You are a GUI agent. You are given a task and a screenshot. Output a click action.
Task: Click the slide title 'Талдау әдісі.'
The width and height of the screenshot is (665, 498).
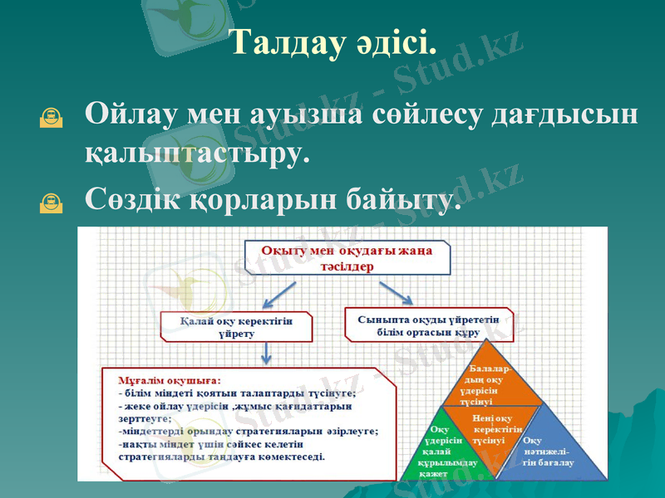(x=332, y=43)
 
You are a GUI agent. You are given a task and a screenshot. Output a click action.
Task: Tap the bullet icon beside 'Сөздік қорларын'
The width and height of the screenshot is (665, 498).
(x=51, y=202)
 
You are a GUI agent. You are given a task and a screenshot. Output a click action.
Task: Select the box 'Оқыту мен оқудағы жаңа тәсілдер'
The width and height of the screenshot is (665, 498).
(x=347, y=258)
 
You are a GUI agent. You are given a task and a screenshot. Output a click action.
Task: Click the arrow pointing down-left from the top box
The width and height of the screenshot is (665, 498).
(x=278, y=295)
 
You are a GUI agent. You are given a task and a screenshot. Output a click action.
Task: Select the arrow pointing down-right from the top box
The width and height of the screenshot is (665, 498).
(x=397, y=293)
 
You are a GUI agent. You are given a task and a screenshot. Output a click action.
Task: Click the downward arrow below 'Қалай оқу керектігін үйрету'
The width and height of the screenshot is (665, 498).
(x=265, y=354)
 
